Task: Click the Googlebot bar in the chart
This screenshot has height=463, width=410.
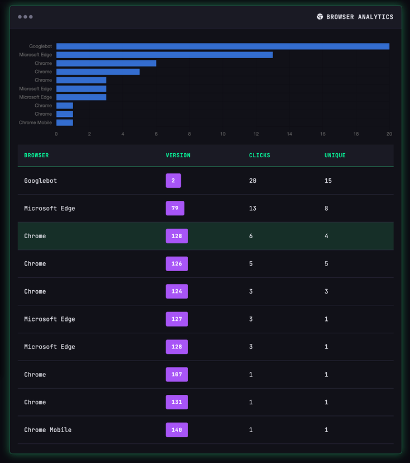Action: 222,46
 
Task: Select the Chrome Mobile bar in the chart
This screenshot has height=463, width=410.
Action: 64,122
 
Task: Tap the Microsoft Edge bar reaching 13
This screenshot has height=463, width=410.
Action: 164,55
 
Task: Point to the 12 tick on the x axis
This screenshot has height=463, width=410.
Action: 256,134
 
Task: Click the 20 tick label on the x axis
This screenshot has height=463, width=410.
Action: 389,134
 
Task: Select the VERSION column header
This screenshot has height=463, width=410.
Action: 178,155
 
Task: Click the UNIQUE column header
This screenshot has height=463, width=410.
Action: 335,155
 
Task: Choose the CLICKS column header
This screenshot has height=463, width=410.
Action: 259,155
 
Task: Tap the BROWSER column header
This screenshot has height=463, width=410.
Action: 36,155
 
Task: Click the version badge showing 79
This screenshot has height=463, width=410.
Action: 175,209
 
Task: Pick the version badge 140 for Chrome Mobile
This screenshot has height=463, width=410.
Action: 177,430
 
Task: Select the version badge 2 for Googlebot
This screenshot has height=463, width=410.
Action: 173,181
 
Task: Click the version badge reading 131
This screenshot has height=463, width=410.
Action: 177,402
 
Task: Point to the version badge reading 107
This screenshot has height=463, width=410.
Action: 177,375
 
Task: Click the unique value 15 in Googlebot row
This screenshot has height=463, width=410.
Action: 328,181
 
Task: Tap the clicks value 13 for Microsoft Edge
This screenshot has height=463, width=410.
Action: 252,209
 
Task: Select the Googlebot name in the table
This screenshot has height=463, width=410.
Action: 40,181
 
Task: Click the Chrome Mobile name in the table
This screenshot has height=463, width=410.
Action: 47,430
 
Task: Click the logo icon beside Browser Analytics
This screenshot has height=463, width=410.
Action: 320,17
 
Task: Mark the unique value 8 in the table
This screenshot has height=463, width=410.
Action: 326,209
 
